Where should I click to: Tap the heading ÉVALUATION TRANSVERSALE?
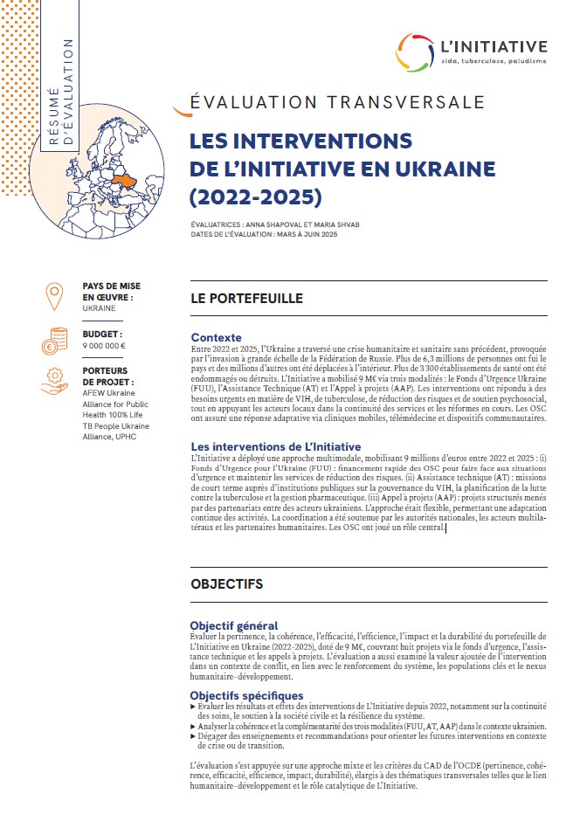[x=337, y=102]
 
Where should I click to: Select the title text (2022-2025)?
[x=256, y=195]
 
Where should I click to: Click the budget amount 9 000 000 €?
[x=104, y=346]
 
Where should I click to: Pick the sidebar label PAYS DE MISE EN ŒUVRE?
[x=111, y=292]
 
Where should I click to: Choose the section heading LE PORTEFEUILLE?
[x=246, y=299]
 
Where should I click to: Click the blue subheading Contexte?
[x=216, y=337]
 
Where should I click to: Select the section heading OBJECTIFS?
[x=226, y=585]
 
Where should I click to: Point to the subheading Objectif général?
[x=234, y=625]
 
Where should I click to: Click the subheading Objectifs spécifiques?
[x=247, y=694]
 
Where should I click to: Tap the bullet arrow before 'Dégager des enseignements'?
[x=193, y=735]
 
